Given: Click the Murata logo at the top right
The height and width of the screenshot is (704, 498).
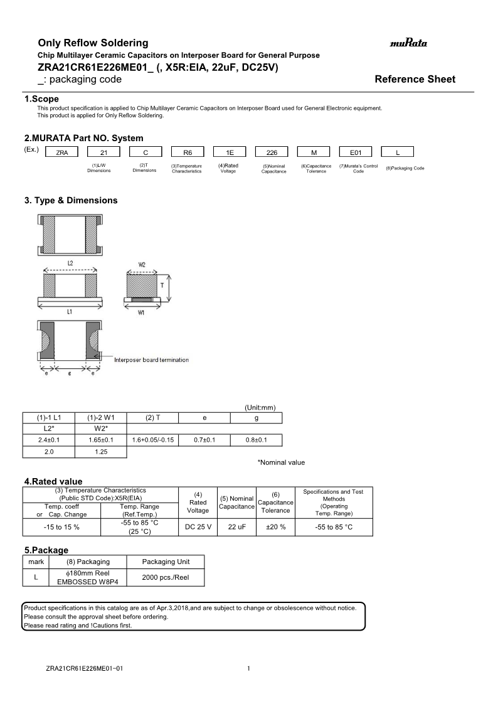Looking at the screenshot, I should (x=408, y=43).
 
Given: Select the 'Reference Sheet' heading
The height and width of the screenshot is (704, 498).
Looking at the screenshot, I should (x=415, y=79).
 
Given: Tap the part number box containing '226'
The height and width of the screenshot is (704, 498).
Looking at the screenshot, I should (x=272, y=152).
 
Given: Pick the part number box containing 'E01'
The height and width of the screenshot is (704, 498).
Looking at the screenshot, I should (x=356, y=152).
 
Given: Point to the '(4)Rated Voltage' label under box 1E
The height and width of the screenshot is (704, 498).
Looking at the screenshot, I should (x=228, y=168).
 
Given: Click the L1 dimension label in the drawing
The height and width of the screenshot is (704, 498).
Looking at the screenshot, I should (x=70, y=311).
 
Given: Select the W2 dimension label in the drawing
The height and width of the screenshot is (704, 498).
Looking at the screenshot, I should (x=142, y=265).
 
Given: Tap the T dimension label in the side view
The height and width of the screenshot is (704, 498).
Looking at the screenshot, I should (x=162, y=285).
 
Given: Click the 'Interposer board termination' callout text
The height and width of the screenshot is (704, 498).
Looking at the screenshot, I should (x=151, y=360).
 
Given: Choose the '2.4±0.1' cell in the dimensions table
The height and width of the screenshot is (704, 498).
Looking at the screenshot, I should (x=48, y=440).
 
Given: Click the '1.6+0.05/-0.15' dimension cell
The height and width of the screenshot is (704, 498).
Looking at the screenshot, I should (x=152, y=440).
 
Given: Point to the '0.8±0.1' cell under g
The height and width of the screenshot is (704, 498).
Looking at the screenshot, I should (x=256, y=440).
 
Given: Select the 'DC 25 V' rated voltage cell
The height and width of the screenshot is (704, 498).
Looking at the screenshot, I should (x=198, y=527).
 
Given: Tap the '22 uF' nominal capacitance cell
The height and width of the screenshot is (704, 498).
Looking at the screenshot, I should (x=236, y=527).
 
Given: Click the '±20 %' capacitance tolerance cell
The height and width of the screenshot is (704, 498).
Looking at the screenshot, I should (x=275, y=527).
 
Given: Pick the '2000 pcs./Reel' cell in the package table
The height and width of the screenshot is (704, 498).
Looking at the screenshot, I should (x=166, y=577).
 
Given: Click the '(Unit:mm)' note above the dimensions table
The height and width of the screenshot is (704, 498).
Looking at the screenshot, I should (x=260, y=407).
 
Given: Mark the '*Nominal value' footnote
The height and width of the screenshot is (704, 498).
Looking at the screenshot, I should (x=281, y=462).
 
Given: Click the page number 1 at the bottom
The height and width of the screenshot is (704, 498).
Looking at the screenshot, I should (x=248, y=669).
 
